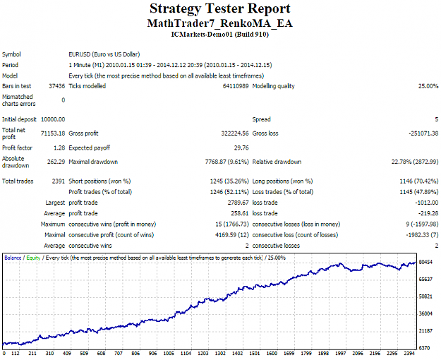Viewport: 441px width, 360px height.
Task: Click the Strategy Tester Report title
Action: (x=220, y=8)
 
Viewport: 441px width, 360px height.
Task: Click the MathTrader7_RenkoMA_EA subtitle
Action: (x=220, y=23)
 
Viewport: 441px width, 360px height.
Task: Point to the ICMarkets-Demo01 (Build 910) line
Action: (x=220, y=35)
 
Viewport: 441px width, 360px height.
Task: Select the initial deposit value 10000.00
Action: (x=53, y=119)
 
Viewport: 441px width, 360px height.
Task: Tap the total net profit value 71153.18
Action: (x=53, y=133)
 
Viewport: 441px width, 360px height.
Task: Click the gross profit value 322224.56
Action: (x=235, y=133)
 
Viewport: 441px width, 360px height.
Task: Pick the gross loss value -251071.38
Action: (x=423, y=133)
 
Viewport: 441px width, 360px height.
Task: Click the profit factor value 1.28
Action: (x=59, y=148)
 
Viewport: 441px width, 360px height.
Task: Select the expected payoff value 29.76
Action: (x=241, y=148)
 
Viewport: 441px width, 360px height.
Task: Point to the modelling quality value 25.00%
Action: (x=428, y=86)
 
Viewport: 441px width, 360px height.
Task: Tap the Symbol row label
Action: (x=11, y=54)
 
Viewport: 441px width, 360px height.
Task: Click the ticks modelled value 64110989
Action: (x=236, y=86)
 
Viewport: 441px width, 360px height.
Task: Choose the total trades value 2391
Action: (x=59, y=181)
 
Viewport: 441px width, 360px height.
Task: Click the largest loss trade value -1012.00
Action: (x=427, y=203)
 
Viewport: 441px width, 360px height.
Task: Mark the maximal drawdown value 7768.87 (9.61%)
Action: (x=227, y=162)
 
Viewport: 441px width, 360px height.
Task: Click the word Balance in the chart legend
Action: (x=13, y=258)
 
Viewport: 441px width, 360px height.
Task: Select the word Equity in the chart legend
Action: (x=33, y=258)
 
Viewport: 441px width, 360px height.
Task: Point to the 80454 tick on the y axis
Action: (x=425, y=262)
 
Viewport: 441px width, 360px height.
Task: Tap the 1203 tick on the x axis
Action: (x=203, y=353)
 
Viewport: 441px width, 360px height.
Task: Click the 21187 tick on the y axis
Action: (x=425, y=331)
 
